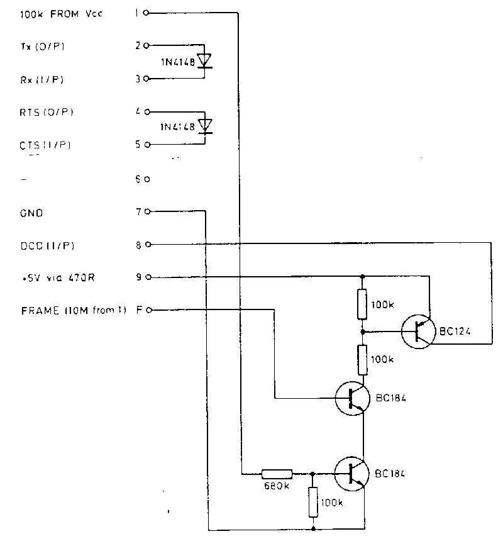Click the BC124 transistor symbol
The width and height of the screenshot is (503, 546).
(417, 330)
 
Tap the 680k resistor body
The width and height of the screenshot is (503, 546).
(277, 474)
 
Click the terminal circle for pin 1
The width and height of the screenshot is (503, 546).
(146, 13)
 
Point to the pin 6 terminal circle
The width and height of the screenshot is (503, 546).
(146, 179)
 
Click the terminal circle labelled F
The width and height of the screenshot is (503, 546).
(146, 309)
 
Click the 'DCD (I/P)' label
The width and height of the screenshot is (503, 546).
(43, 245)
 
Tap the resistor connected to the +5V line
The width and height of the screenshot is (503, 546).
(363, 304)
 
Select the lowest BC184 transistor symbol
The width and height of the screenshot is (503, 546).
(350, 474)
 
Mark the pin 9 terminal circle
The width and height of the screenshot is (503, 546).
(146, 277)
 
